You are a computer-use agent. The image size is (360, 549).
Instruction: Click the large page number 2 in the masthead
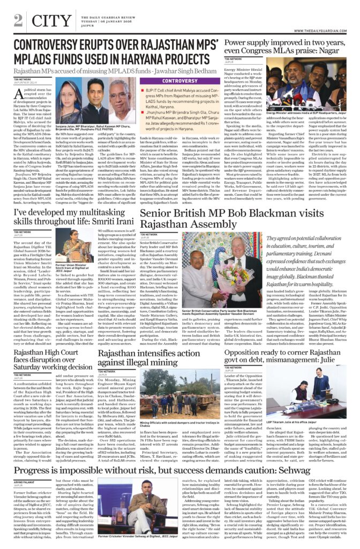pyautogui.click(x=18, y=20)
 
